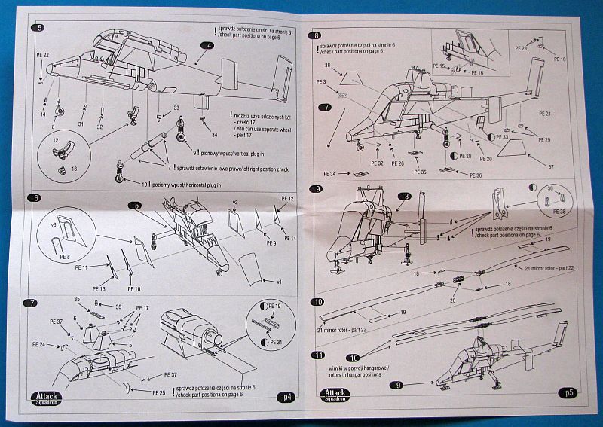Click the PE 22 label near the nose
click(x=42, y=55)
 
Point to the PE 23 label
click(x=522, y=49)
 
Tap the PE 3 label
click(x=322, y=81)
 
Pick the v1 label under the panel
click(x=277, y=282)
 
